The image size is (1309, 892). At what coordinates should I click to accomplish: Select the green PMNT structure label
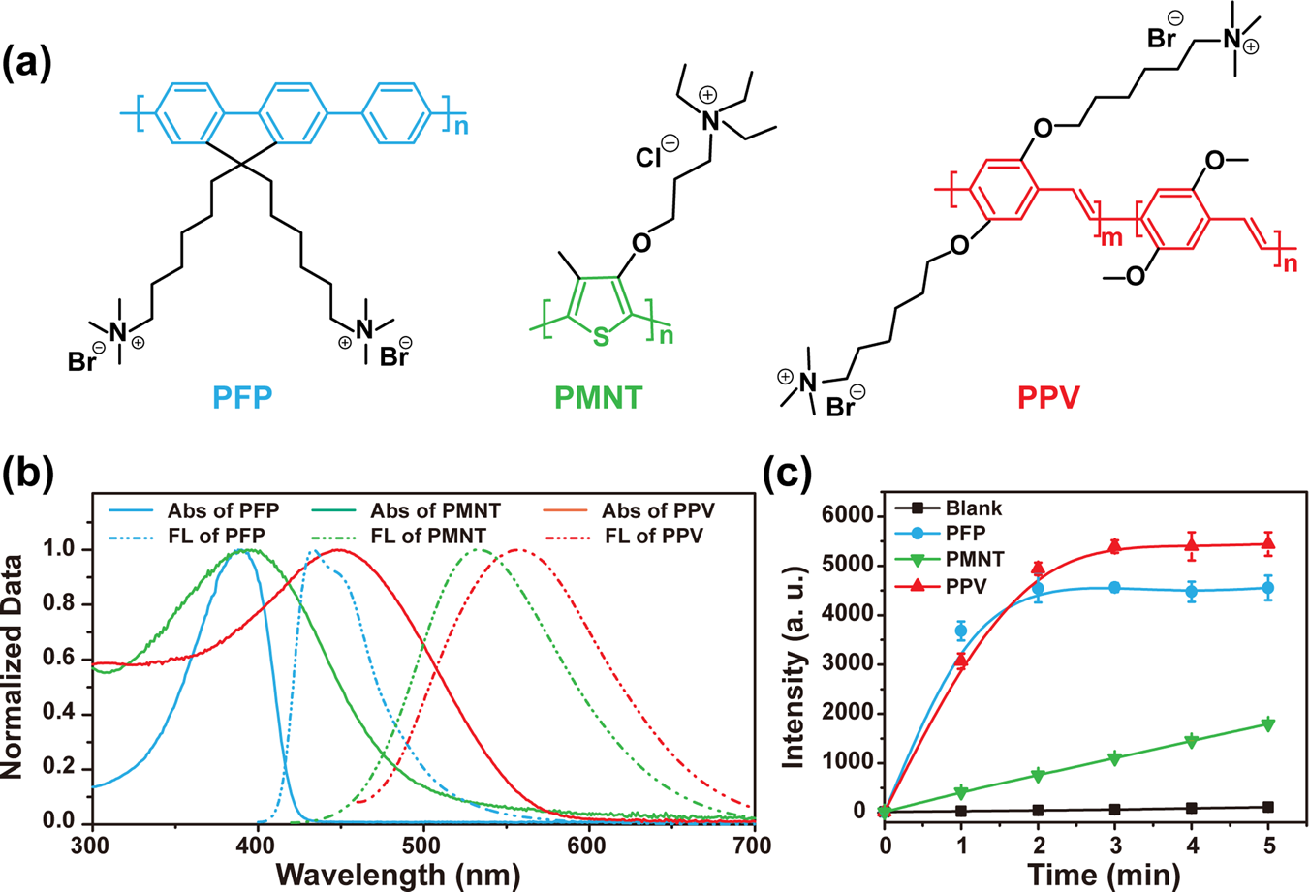598,396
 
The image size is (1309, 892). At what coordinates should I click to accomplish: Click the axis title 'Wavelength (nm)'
398,874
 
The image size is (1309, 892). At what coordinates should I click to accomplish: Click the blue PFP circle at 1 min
961,631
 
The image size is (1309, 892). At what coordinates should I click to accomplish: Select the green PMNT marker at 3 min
1114,757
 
